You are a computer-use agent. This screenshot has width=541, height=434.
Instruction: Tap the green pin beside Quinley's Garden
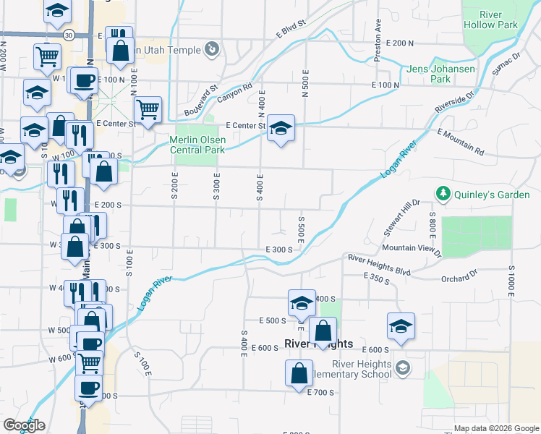442,194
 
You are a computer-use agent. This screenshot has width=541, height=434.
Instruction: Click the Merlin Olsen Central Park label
197,145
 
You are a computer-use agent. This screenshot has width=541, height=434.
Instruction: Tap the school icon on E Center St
281,129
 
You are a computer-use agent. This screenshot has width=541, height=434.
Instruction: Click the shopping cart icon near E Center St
148,111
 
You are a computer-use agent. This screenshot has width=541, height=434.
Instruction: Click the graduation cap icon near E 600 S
400,326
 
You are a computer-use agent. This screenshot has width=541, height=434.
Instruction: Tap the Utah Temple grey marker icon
212,49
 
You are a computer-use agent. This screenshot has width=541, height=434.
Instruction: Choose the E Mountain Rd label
460,142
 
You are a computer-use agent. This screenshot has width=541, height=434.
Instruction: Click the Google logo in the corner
24,425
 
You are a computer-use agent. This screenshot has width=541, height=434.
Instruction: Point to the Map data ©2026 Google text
496,428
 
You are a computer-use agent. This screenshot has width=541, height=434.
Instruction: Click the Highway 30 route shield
67,34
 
